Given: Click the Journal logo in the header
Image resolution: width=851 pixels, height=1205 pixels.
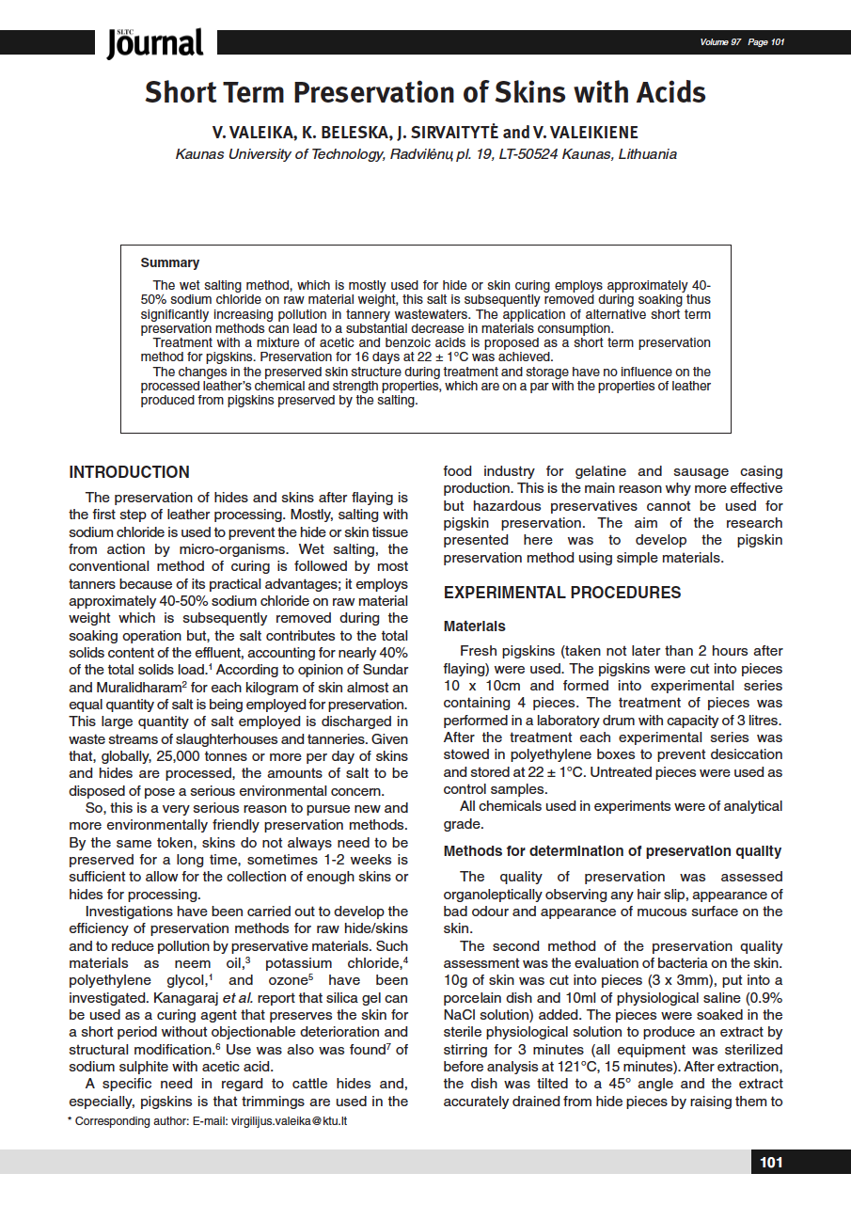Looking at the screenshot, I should [x=155, y=42].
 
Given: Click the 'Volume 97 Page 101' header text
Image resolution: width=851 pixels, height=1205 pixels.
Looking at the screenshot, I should [x=742, y=42].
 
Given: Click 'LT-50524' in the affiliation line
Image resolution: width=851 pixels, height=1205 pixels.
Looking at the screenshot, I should [x=522, y=154].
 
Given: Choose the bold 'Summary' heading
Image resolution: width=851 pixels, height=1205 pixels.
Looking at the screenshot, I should [x=170, y=262].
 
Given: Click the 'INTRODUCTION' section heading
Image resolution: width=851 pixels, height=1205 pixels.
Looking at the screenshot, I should [x=130, y=472].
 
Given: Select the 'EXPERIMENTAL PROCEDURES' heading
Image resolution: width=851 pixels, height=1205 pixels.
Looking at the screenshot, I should [x=562, y=593].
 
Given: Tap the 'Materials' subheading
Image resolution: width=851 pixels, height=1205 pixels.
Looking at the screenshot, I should [x=475, y=626].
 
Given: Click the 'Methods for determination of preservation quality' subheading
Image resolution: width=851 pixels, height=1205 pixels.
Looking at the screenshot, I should [x=612, y=851].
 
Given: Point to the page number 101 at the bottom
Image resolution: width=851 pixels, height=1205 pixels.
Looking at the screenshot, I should [x=771, y=1163].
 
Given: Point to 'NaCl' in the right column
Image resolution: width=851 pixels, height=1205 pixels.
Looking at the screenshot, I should [x=461, y=1015].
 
